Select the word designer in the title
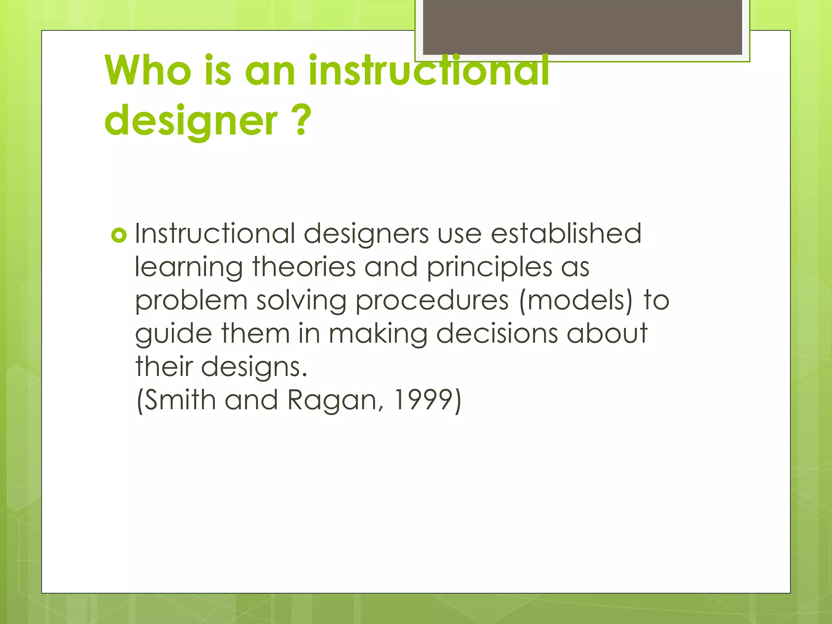(x=191, y=121)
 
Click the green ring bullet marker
(x=119, y=235)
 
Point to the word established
(x=566, y=234)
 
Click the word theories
(x=304, y=267)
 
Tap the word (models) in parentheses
(x=576, y=301)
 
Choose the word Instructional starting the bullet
(x=215, y=234)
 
